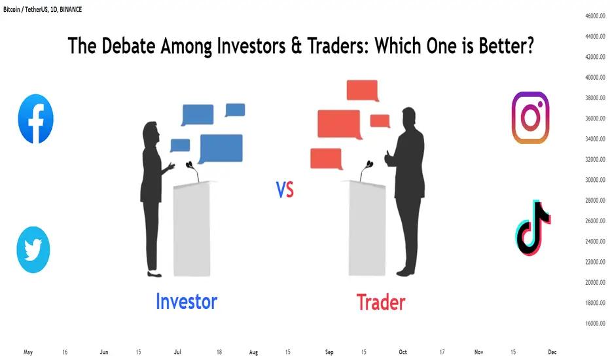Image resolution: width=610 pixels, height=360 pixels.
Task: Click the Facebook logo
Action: [x=36, y=118]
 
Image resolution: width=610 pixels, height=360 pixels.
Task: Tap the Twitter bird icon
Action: [x=33, y=249]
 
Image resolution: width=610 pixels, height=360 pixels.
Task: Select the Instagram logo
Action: [x=530, y=118]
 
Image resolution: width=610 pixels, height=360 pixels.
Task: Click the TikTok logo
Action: [x=533, y=228]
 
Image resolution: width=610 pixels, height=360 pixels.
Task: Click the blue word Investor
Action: [x=187, y=302]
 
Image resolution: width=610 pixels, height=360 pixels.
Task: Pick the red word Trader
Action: [x=381, y=302]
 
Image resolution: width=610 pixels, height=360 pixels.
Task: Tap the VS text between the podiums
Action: [x=285, y=190]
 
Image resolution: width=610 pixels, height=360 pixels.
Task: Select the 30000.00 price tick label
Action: [x=595, y=180]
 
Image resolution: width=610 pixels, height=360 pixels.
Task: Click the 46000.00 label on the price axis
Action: [x=595, y=16]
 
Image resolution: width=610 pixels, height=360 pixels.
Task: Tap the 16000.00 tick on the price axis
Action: [x=595, y=323]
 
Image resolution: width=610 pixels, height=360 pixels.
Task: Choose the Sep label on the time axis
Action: [x=329, y=352]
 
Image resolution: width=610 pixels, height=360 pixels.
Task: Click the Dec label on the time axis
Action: [x=552, y=352]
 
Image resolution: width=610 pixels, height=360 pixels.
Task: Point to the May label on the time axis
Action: [x=28, y=352]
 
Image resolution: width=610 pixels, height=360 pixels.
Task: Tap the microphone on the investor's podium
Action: [x=193, y=171]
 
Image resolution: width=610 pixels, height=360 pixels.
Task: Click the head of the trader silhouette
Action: [x=409, y=117]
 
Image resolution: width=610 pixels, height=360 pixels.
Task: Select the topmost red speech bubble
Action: [x=362, y=91]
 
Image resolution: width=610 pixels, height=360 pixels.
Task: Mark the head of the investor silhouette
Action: [x=152, y=134]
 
